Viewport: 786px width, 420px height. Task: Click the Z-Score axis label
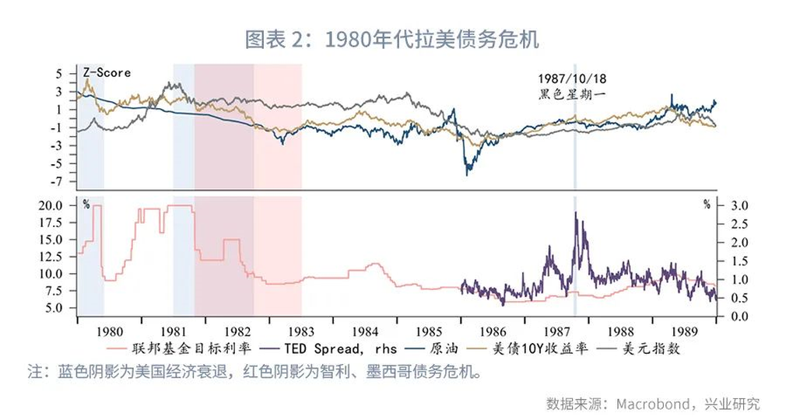pos(107,73)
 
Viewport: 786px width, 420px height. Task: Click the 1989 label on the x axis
pos(684,330)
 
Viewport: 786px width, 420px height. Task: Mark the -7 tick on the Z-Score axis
pos(60,182)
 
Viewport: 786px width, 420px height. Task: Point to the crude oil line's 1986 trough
pos(467,174)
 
